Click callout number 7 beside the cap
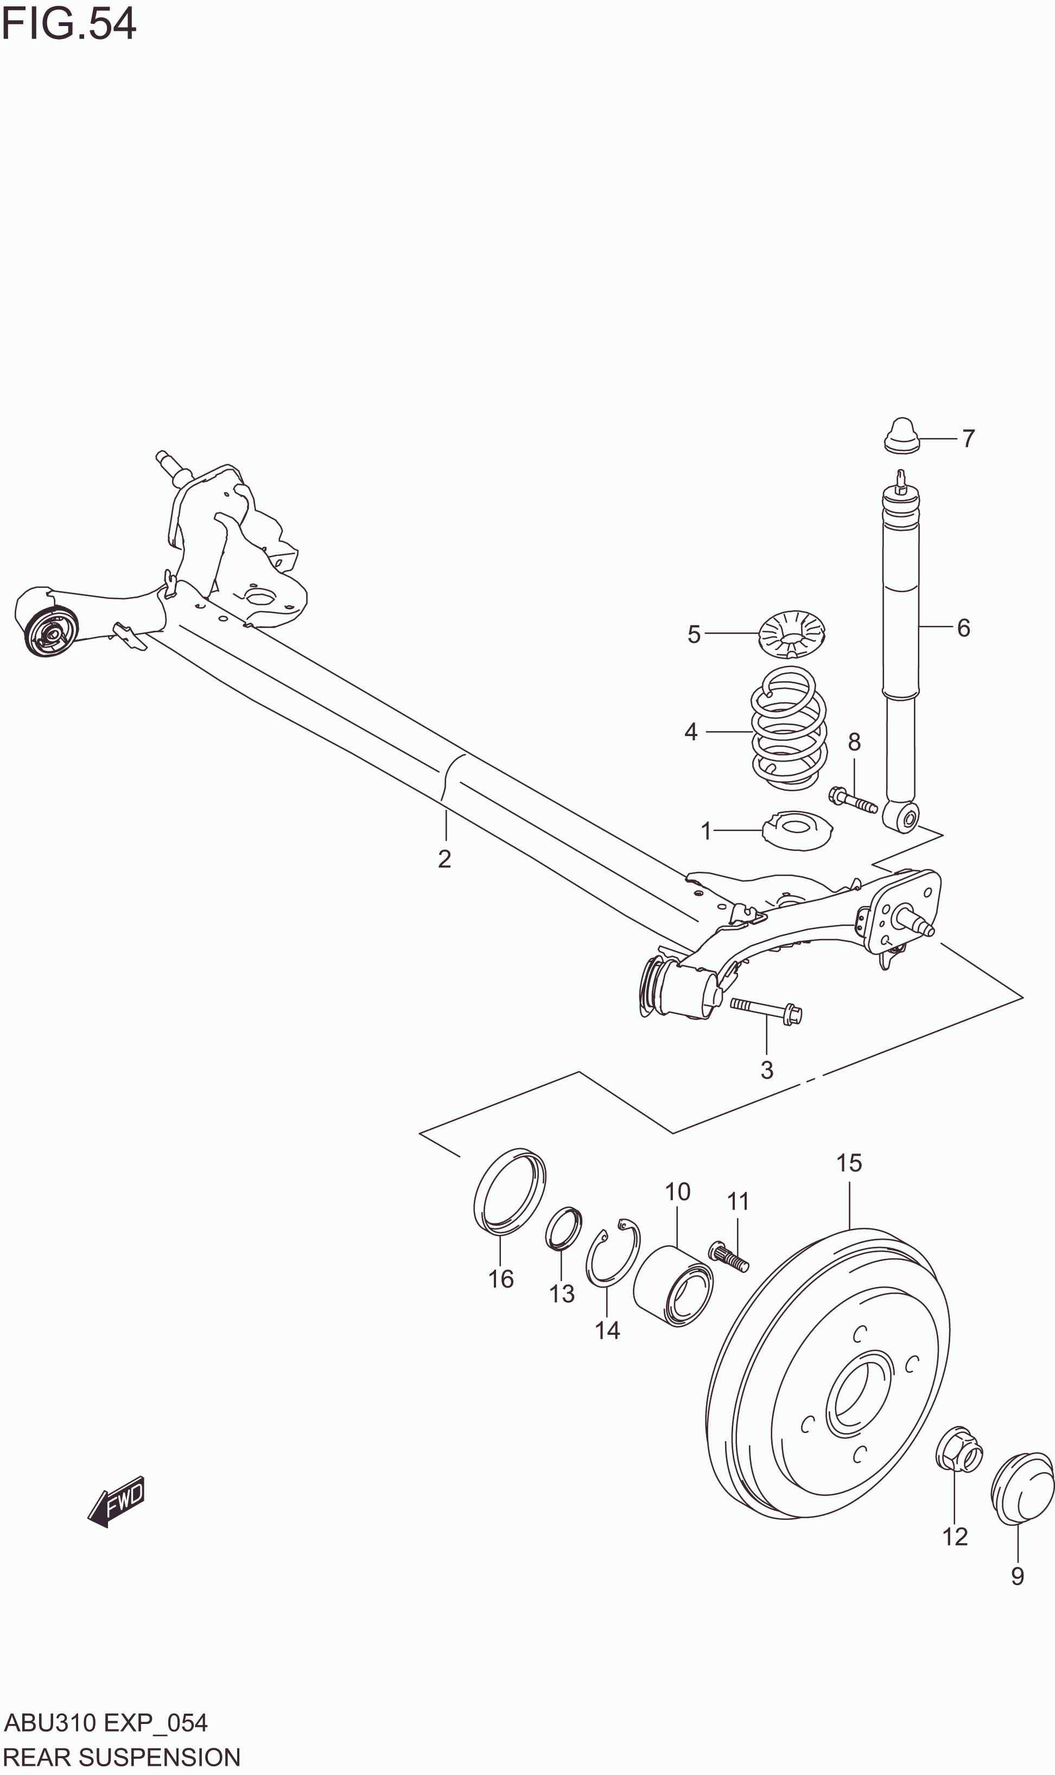[x=968, y=439]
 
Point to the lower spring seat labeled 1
[x=798, y=829]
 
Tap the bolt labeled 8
[x=853, y=801]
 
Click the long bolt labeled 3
[x=766, y=1010]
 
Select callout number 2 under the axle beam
[x=444, y=859]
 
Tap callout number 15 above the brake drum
[x=849, y=1163]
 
